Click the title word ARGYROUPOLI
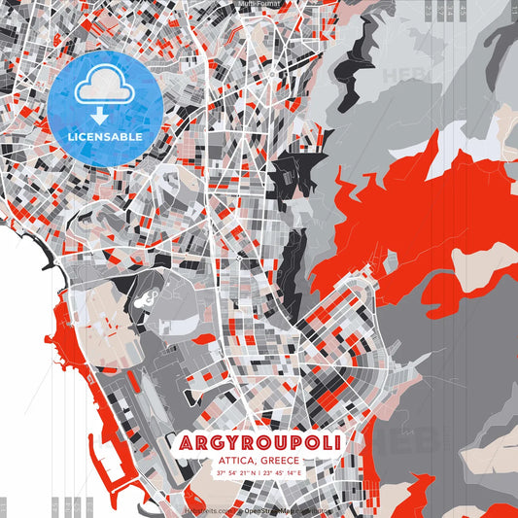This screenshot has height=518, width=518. [x=259, y=443]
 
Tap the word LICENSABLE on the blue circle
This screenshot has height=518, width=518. [x=105, y=137]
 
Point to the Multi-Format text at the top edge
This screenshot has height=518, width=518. [x=259, y=4]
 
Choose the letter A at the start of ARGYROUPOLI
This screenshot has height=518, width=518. [x=186, y=443]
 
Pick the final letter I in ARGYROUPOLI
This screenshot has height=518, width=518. [x=336, y=443]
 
